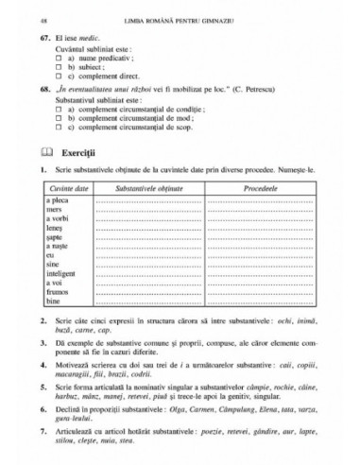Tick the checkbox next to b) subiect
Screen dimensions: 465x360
58,70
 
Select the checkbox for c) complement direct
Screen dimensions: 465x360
58,78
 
